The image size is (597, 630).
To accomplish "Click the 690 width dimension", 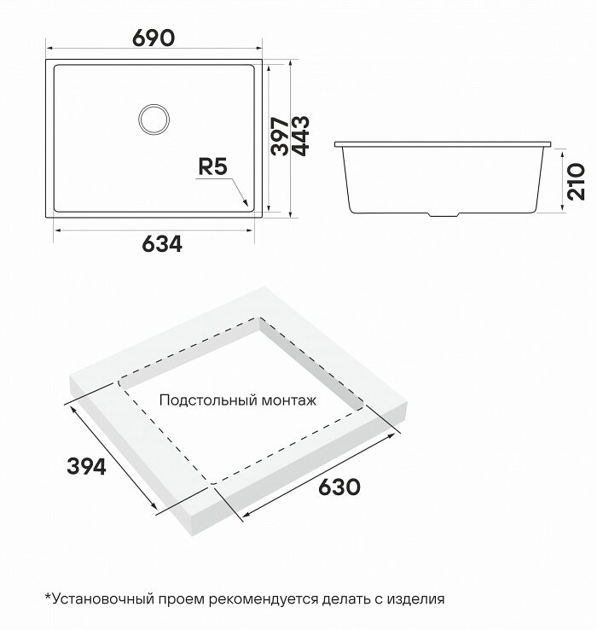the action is point(154,38).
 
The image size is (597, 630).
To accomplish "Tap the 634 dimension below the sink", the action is point(162,243).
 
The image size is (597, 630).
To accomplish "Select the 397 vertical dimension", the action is point(280,137).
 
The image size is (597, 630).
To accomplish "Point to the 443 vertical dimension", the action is point(300,136).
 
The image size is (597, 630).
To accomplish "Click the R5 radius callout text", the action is point(213,166).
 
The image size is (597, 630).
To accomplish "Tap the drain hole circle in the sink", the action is point(154,120).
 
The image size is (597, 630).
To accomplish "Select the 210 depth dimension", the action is point(577,182).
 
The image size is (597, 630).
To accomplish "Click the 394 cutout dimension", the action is point(86,466).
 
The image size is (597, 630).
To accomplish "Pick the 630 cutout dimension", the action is point(339,487).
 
